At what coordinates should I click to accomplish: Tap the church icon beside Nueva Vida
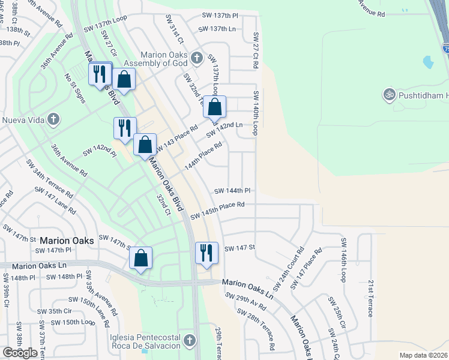tap(53, 119)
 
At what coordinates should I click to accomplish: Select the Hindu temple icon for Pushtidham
tap(388, 95)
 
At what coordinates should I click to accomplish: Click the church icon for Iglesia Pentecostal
tap(190, 341)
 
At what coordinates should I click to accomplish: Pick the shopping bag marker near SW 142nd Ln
tap(214, 107)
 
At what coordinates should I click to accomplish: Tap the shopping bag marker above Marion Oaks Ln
tap(140, 259)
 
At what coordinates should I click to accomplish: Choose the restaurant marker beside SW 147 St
tap(206, 252)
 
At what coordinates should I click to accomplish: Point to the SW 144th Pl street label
tap(232, 191)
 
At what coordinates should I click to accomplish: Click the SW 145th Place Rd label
tap(217, 210)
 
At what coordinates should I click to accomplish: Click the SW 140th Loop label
tap(256, 113)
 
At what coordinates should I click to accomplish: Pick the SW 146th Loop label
tap(345, 260)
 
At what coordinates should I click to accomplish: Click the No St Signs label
tap(76, 89)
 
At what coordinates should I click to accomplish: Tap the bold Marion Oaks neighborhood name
tap(67, 240)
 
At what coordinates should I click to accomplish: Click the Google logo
tap(20, 353)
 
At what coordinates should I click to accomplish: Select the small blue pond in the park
tap(428, 62)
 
